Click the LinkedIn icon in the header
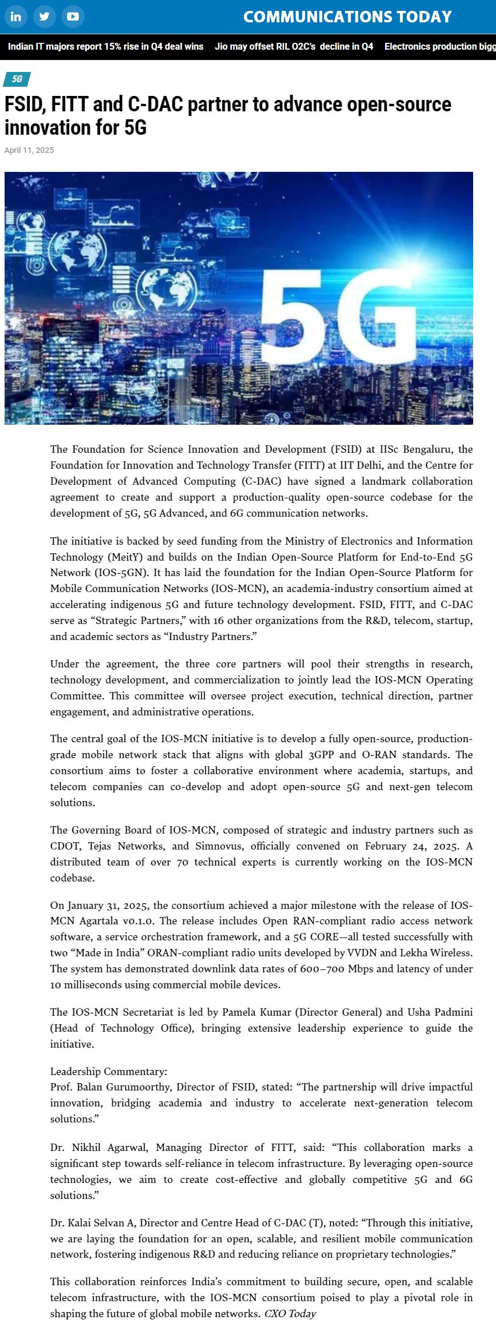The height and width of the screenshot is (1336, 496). [x=15, y=17]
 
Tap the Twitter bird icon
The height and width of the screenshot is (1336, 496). [x=44, y=17]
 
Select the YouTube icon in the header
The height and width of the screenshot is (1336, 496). [x=73, y=17]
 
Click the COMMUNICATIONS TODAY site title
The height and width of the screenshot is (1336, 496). [x=347, y=17]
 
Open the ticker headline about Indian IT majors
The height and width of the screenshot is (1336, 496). [x=106, y=46]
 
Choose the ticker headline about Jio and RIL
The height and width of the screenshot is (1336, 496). [x=294, y=46]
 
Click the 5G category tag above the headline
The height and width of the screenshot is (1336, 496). [x=17, y=79]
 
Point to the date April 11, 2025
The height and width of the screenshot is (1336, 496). [x=29, y=150]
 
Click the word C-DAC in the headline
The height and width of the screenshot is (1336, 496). [x=155, y=104]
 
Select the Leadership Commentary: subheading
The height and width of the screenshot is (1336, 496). [x=109, y=1071]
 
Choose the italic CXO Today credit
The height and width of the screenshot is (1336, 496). [x=290, y=1313]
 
